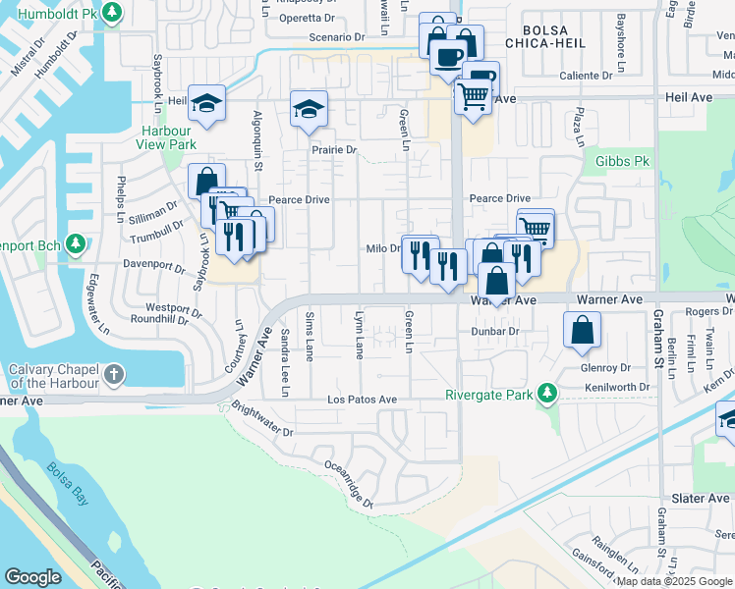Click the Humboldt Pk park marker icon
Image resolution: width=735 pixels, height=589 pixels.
point(113,13)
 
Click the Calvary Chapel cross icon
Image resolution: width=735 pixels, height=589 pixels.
point(115,374)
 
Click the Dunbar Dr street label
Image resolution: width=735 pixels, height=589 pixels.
point(496,332)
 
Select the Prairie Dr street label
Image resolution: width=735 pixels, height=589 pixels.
point(333,150)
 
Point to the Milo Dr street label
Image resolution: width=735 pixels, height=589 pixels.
point(382,248)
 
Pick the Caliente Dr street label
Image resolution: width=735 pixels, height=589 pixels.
point(586,75)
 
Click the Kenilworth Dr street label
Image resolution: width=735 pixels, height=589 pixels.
point(618,387)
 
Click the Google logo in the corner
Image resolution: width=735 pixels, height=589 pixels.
point(32,576)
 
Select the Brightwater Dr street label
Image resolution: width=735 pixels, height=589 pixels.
point(259,419)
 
